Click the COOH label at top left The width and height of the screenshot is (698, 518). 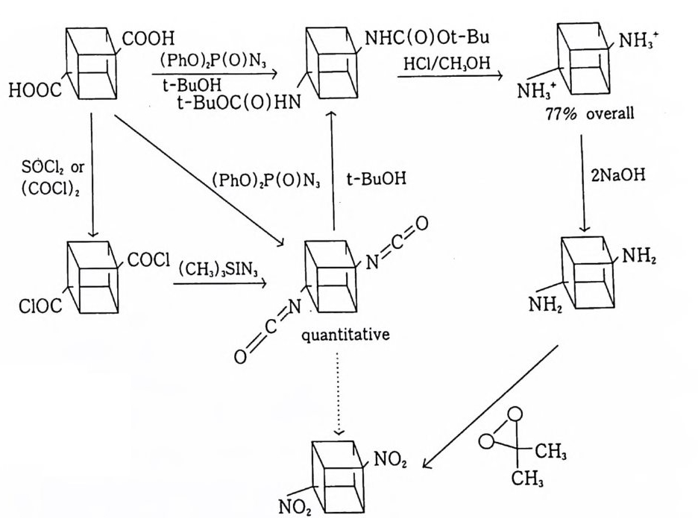point(148,37)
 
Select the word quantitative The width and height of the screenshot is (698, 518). point(345,335)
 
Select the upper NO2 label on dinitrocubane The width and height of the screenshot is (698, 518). point(390,459)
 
